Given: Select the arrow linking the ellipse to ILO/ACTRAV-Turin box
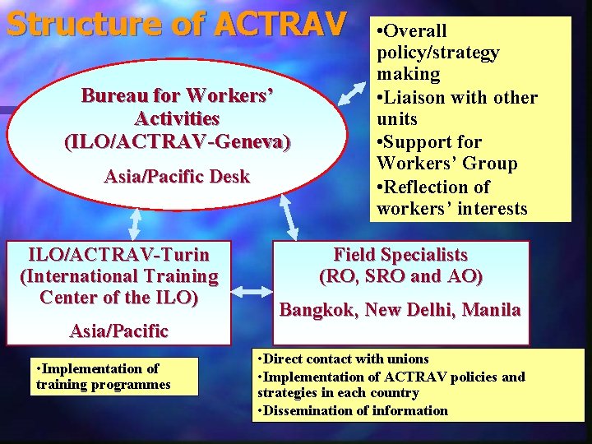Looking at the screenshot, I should click(x=135, y=221).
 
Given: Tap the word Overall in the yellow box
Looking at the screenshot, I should click(x=416, y=31).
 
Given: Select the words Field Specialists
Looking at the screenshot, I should click(x=400, y=255).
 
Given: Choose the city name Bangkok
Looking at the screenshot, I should click(x=317, y=310).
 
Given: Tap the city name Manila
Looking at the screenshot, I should click(x=491, y=310).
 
